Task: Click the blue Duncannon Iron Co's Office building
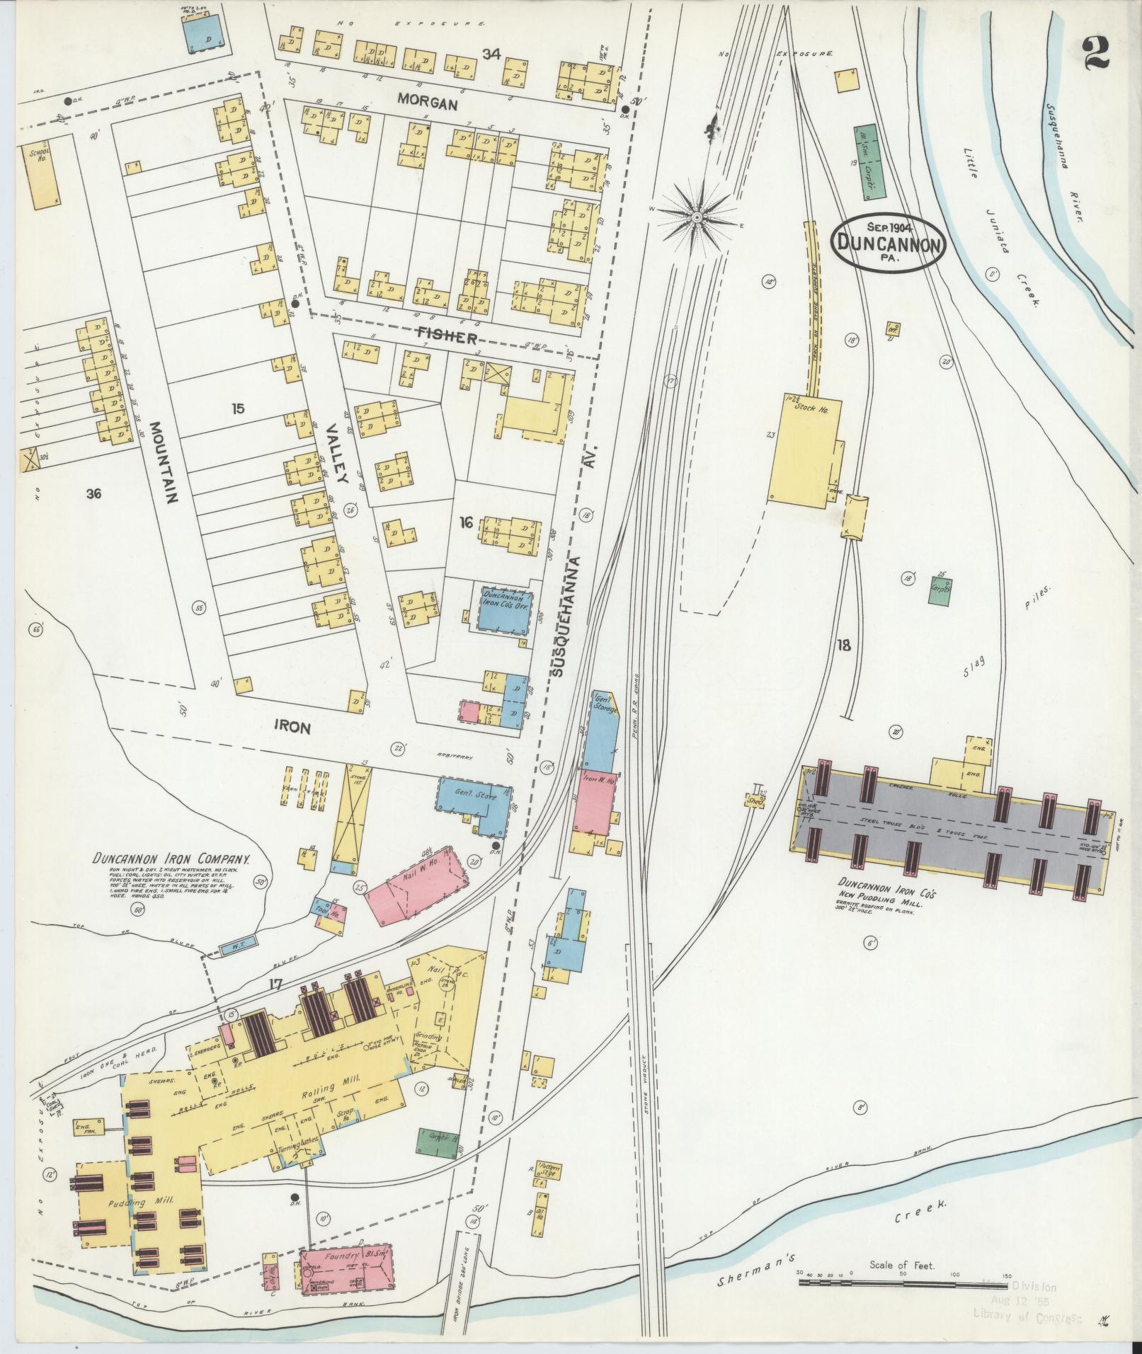click(506, 608)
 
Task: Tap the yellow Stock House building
click(804, 448)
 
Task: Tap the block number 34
click(491, 53)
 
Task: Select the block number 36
click(93, 494)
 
